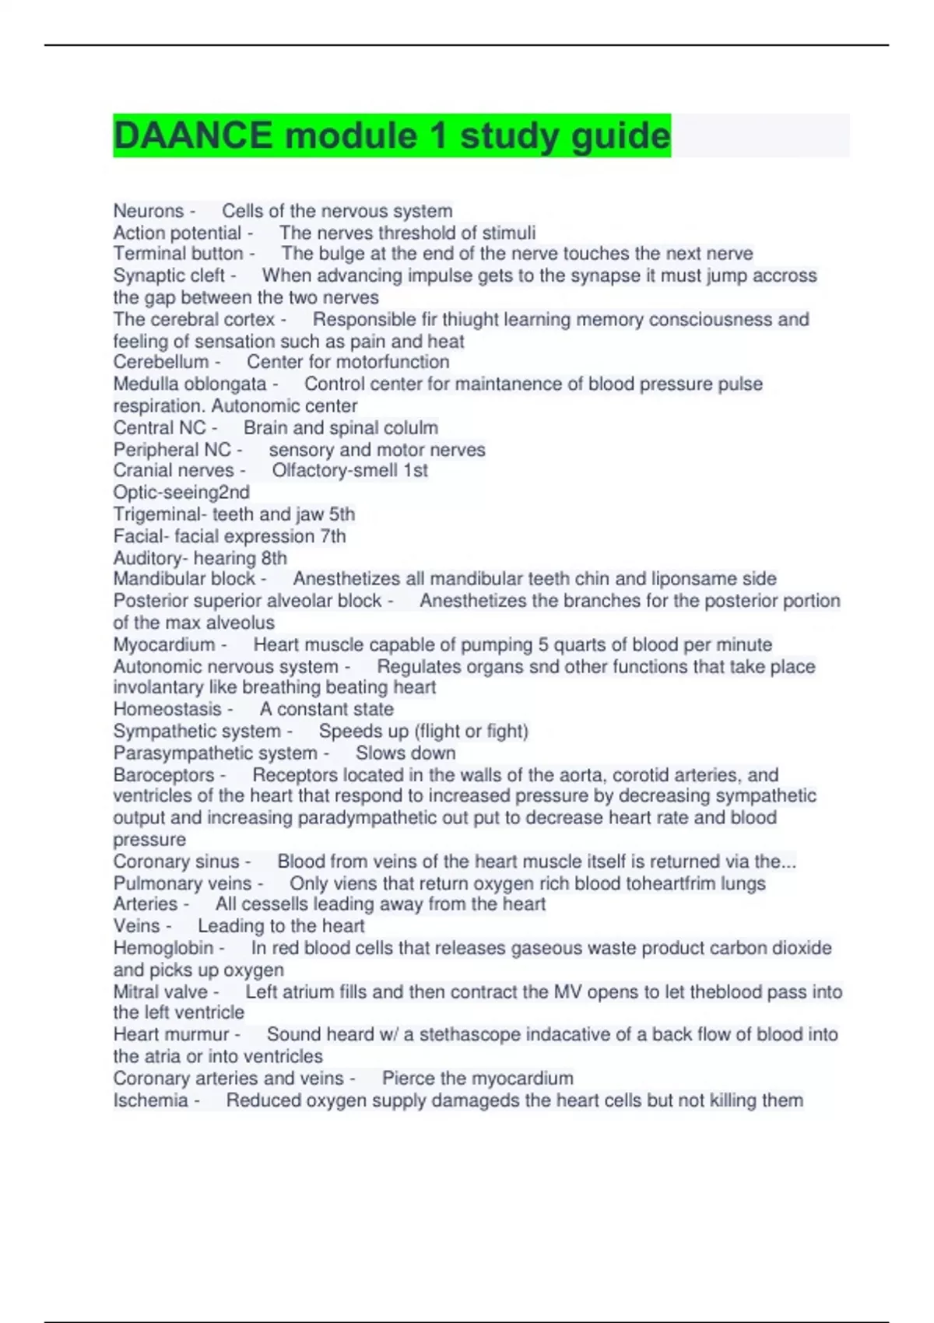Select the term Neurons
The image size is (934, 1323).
[149, 211]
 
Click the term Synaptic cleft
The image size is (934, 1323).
[169, 275]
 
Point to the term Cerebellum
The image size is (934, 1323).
[161, 362]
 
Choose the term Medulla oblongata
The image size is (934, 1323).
[190, 384]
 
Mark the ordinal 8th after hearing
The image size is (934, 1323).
[274, 558]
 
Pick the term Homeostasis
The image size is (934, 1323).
[167, 709]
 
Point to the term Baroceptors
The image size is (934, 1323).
[163, 775]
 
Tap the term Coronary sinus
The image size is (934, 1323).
[177, 862]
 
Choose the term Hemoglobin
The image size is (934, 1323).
[163, 948]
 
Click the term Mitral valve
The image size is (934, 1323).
[160, 991]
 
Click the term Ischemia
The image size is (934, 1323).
[151, 1100]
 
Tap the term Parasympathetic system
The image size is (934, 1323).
[216, 753]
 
